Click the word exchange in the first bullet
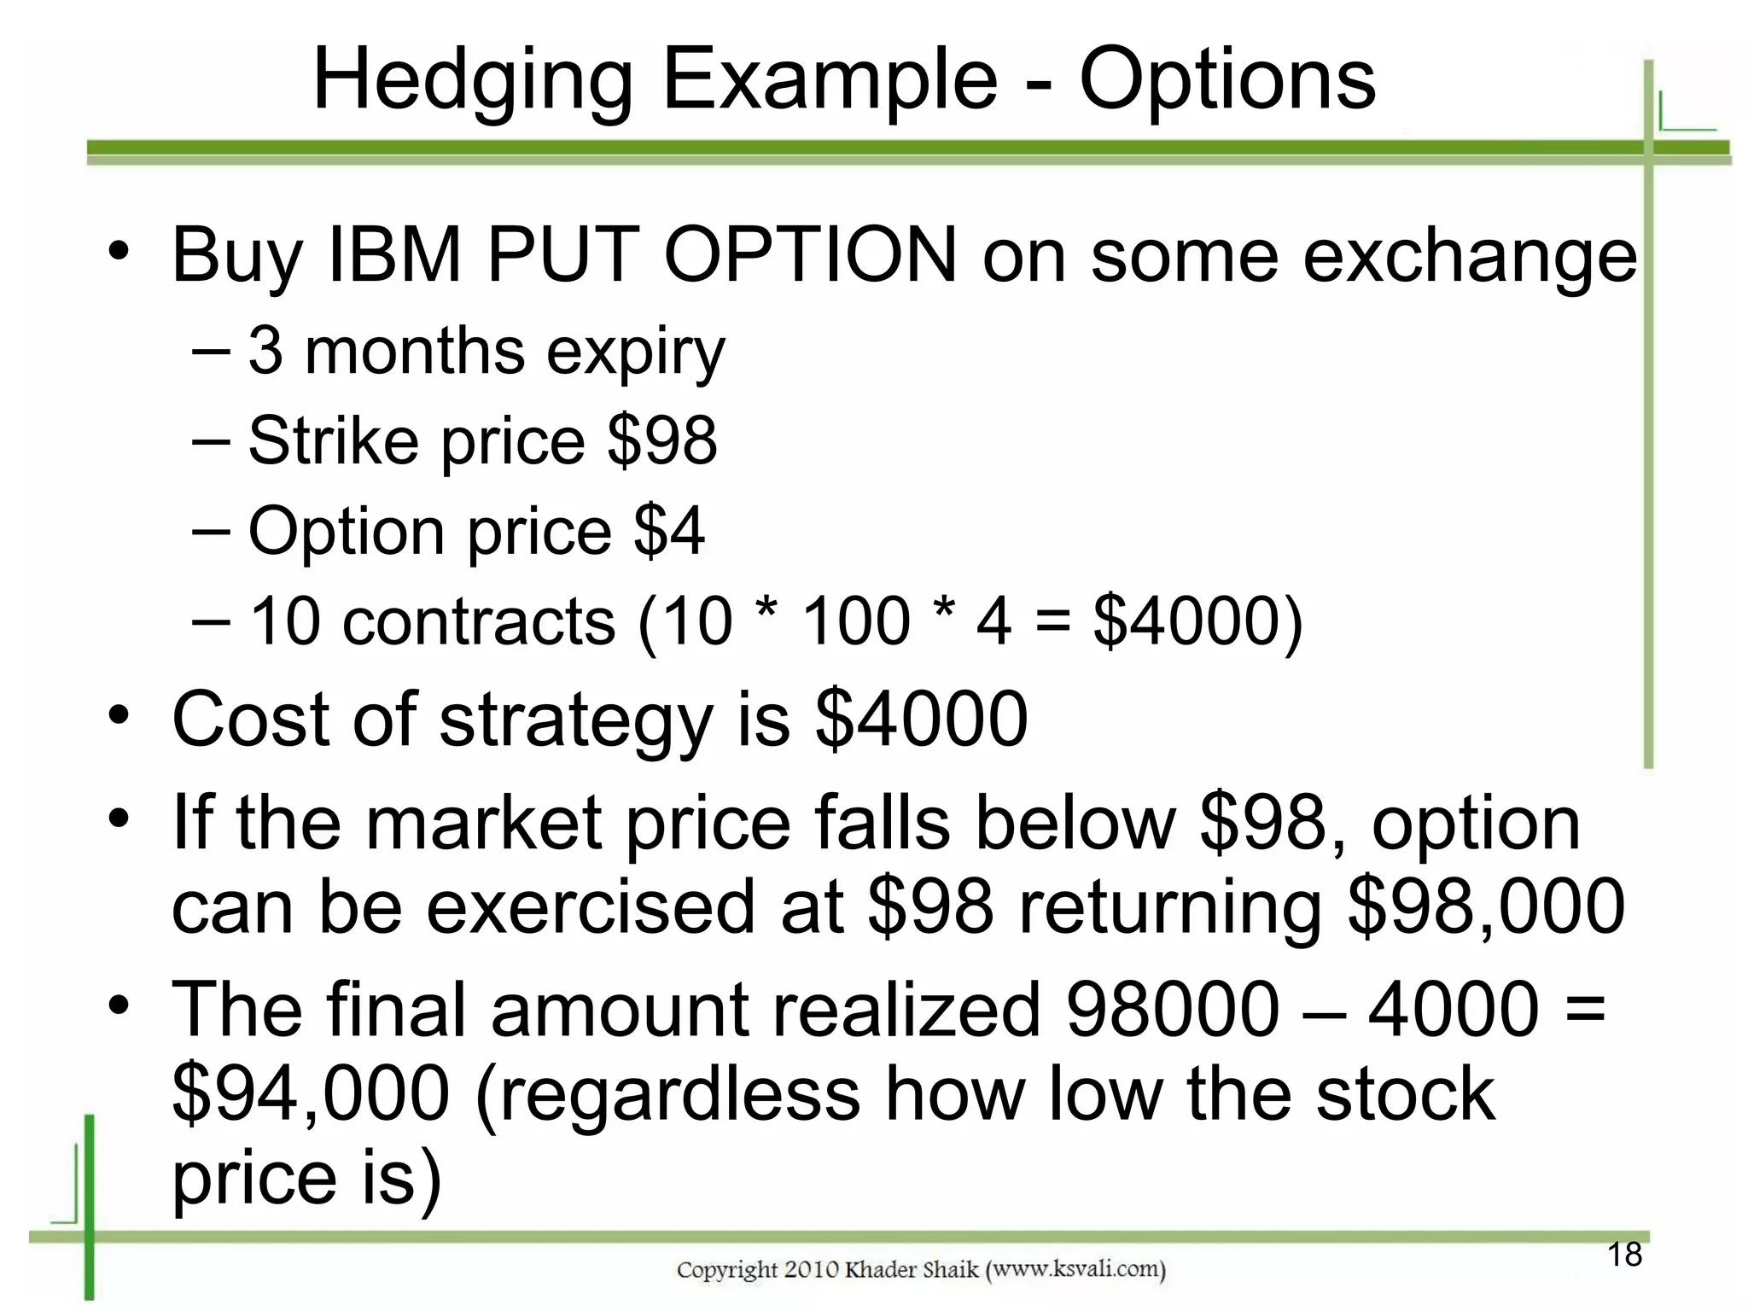(x=1469, y=256)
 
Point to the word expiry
(x=635, y=353)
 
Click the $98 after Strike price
(x=662, y=441)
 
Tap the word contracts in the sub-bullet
(x=479, y=621)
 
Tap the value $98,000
(x=1485, y=908)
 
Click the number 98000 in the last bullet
(x=1173, y=1009)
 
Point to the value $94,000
(x=311, y=1094)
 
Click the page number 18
(x=1624, y=1255)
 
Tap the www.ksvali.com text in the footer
(x=1075, y=1269)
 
